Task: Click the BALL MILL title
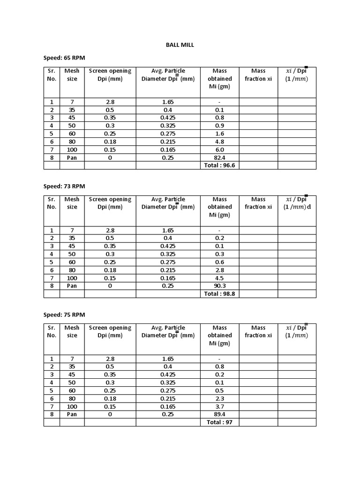(180, 45)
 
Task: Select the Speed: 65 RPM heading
(64, 58)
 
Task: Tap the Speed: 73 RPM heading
(64, 187)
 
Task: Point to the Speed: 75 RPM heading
(64, 315)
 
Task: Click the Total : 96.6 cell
(219, 165)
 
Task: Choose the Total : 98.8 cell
(219, 294)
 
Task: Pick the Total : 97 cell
(219, 422)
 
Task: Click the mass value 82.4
(219, 157)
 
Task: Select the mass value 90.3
(219, 286)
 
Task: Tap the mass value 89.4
(219, 414)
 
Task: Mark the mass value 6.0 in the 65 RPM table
(219, 150)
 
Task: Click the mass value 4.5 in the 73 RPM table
(219, 278)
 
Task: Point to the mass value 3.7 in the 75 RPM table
(219, 406)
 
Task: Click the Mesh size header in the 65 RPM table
(72, 75)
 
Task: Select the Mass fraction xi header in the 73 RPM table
(258, 203)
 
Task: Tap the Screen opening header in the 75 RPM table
(110, 331)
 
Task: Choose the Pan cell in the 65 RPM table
(72, 157)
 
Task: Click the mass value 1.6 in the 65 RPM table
(219, 134)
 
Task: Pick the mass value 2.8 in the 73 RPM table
(219, 270)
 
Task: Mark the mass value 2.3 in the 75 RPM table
(219, 398)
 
